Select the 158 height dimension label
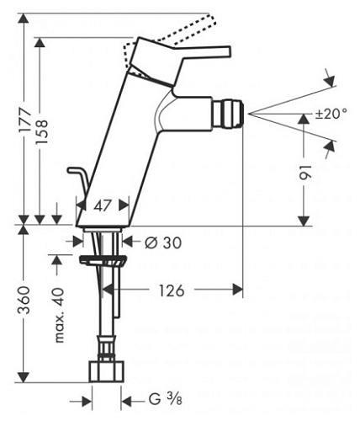pyautogui.click(x=44, y=125)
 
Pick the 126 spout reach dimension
pyautogui.click(x=173, y=290)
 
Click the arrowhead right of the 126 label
pyautogui.click(x=239, y=290)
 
